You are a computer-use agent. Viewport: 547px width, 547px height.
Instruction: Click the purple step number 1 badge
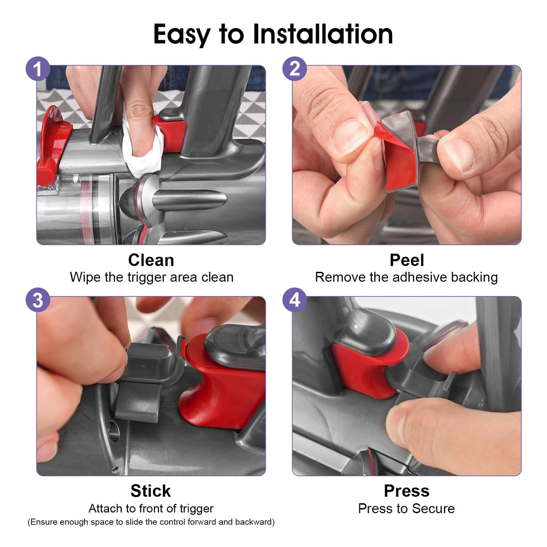[38, 69]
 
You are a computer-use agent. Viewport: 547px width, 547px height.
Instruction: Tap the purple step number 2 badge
[295, 69]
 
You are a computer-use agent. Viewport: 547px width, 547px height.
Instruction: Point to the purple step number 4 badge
[295, 300]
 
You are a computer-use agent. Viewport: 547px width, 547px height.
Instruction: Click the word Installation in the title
[323, 34]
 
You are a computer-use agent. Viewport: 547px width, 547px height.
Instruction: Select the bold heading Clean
[151, 260]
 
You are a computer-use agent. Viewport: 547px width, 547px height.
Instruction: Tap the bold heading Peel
[407, 260]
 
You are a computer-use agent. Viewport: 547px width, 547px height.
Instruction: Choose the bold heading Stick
[151, 491]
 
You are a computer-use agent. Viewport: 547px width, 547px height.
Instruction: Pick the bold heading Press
[407, 491]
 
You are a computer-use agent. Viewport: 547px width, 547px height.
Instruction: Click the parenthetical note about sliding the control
[151, 522]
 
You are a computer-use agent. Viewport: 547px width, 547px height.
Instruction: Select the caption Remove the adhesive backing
[406, 277]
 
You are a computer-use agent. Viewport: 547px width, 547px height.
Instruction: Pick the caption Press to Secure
[406, 508]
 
